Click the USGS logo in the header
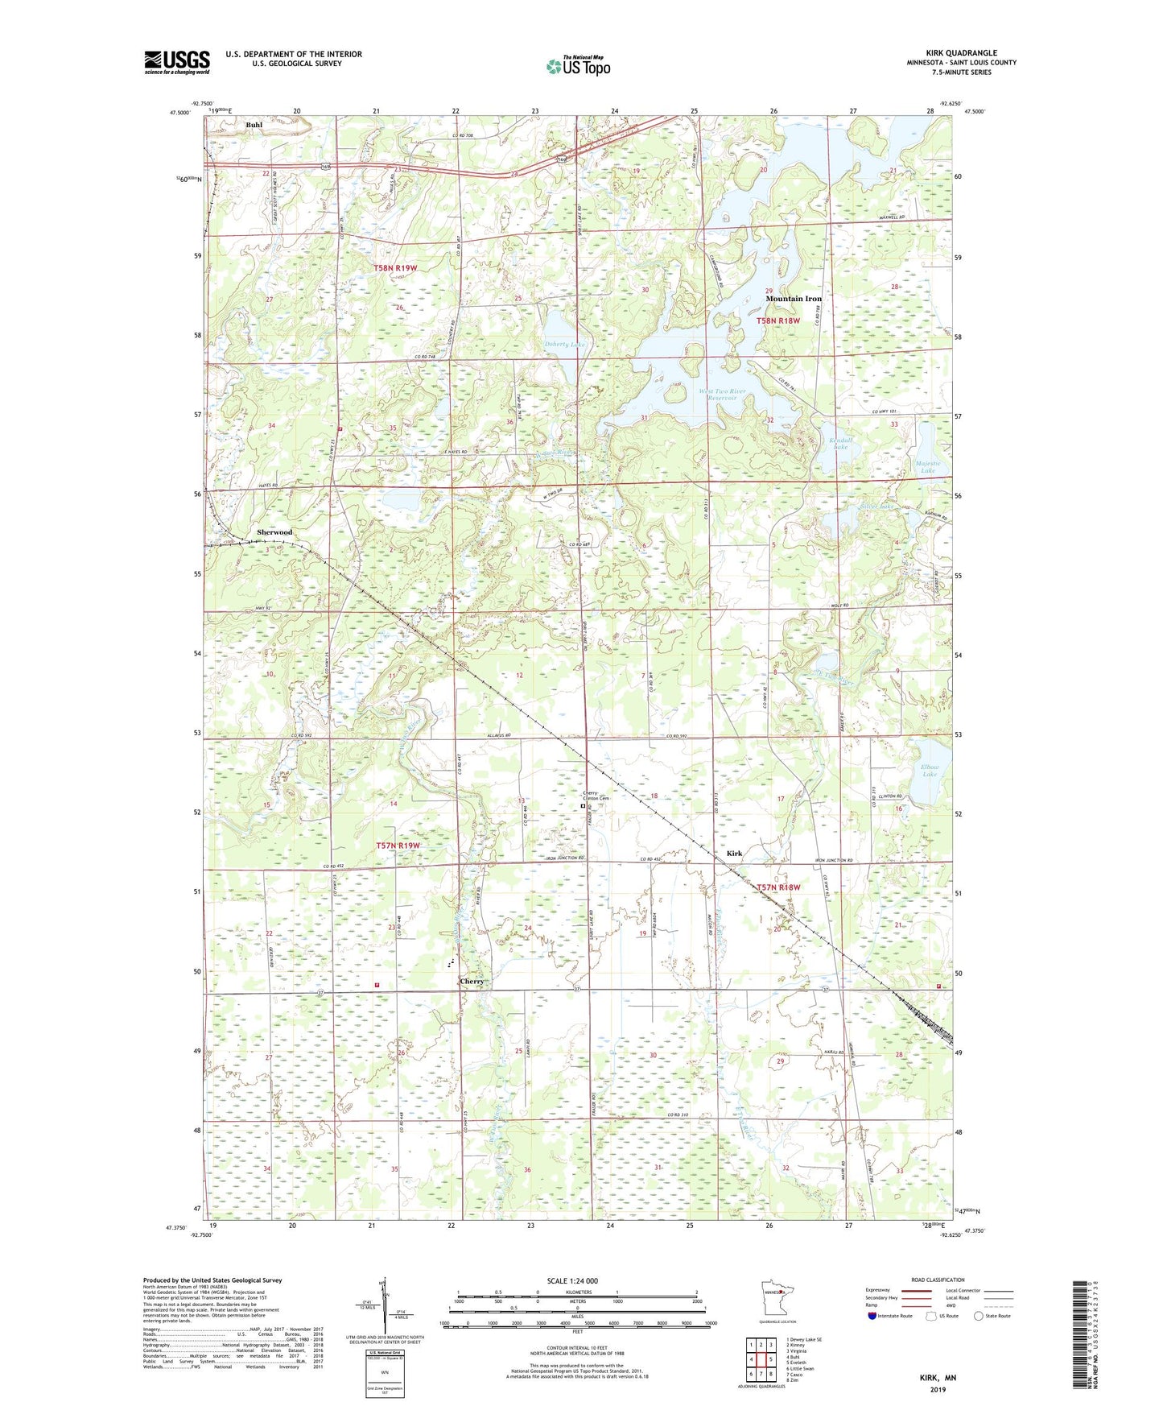coord(176,62)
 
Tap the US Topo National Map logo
coord(577,65)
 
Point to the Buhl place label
coord(254,125)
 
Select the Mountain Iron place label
coord(794,299)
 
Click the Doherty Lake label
coord(564,344)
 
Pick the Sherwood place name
coord(274,532)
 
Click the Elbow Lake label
coord(930,771)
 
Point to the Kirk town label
coord(734,853)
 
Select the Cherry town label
coord(472,982)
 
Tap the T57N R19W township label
coord(398,846)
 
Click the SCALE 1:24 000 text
coord(572,1280)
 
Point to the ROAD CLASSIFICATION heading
coord(938,1280)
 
